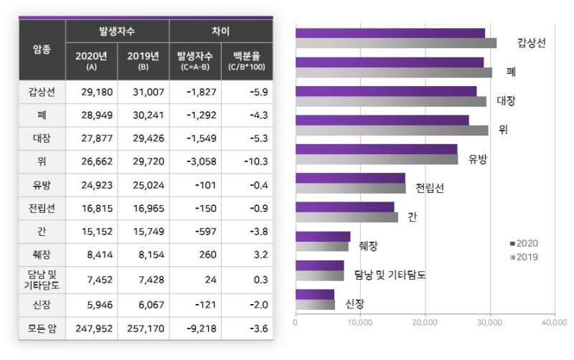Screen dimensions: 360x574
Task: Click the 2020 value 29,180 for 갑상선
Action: click(x=91, y=92)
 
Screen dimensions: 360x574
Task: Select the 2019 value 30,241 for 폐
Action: click(x=143, y=115)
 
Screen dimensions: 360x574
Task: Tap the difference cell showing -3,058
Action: click(x=195, y=162)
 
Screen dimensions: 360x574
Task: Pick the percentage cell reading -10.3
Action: click(x=247, y=162)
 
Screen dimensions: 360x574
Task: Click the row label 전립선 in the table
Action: click(x=42, y=209)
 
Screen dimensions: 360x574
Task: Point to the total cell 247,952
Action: click(x=91, y=328)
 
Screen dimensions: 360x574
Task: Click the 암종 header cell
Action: click(x=42, y=49)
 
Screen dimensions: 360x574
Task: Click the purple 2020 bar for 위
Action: click(x=382, y=120)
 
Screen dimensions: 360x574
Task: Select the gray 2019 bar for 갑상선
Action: click(x=395, y=43)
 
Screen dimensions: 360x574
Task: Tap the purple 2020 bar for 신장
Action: click(x=315, y=294)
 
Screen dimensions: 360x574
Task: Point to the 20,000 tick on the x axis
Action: click(x=425, y=322)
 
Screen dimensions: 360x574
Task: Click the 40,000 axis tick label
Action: click(x=555, y=322)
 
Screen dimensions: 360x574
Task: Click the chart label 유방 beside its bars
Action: click(x=477, y=159)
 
